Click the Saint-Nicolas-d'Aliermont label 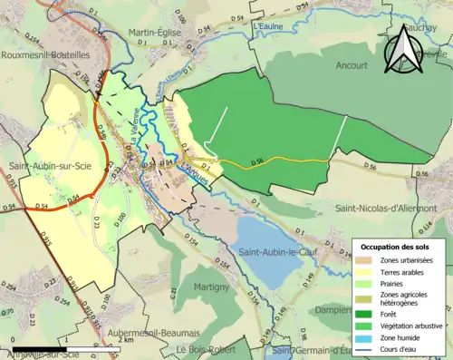386,209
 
